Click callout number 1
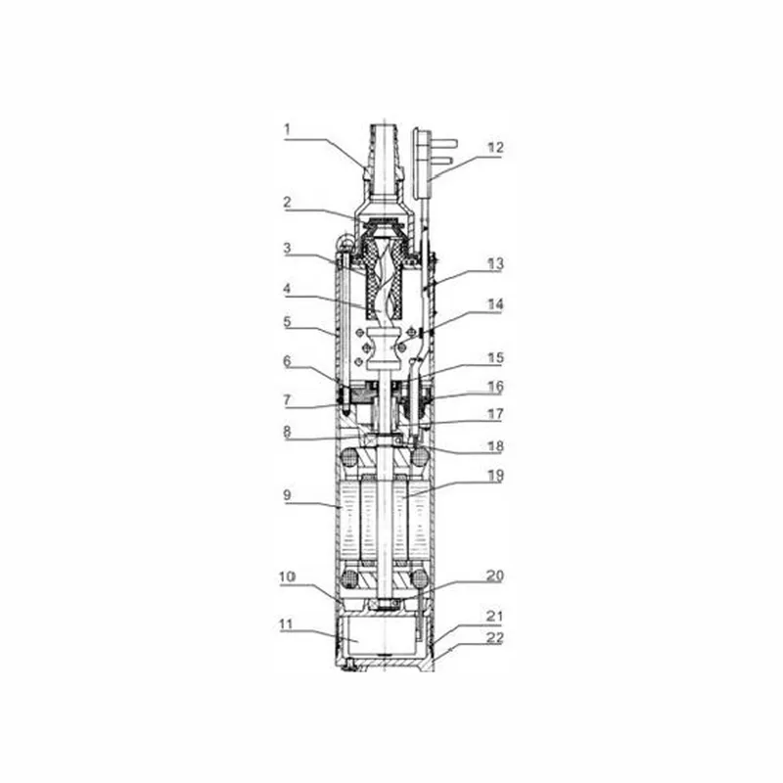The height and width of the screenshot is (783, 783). pos(287,130)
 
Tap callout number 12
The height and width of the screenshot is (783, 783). pos(495,148)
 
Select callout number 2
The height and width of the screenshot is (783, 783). pos(287,203)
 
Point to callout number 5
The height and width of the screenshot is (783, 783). pos(287,321)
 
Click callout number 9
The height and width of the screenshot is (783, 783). pos(287,495)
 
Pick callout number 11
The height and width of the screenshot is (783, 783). pos(285,624)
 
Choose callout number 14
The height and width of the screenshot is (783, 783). pos(495,304)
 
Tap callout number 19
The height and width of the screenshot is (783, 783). pos(495,476)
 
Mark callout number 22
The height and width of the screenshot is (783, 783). pos(495,638)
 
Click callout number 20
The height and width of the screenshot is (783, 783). pos(495,576)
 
